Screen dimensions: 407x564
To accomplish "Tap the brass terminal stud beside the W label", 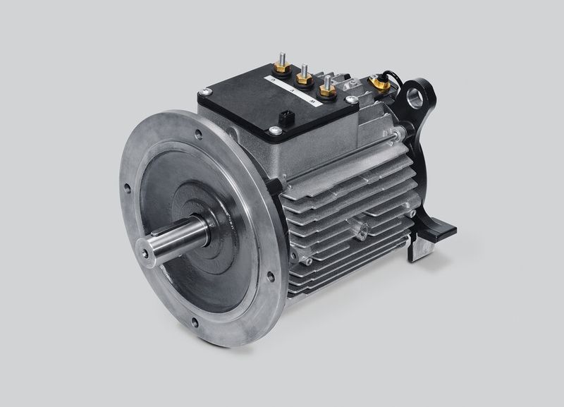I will (x=327, y=90).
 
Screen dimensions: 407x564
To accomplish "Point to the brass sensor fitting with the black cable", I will (x=379, y=83).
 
